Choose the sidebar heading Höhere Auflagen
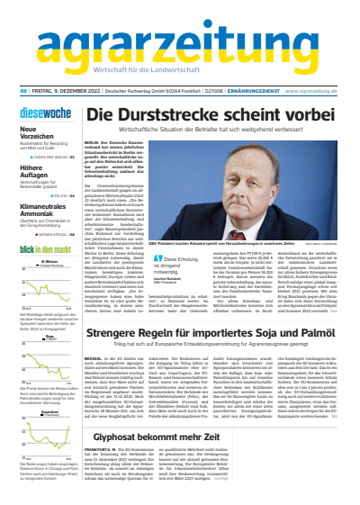pyautogui.click(x=33, y=174)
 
